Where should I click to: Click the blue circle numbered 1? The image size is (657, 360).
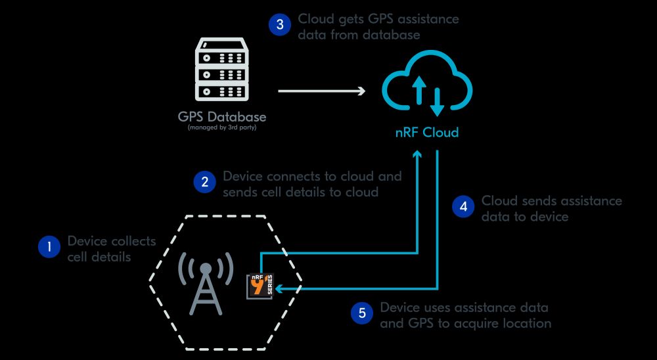49,248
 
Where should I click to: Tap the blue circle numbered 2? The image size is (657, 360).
204,182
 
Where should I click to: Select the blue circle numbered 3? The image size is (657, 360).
279,25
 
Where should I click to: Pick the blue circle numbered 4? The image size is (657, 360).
463,206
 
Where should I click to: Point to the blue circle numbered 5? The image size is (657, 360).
361,313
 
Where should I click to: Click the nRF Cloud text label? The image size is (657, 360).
426,133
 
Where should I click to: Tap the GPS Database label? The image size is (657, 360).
222,117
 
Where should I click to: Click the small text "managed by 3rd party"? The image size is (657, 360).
222,127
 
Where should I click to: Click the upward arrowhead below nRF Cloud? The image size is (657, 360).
417,155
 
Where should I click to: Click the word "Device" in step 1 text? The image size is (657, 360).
87,241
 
